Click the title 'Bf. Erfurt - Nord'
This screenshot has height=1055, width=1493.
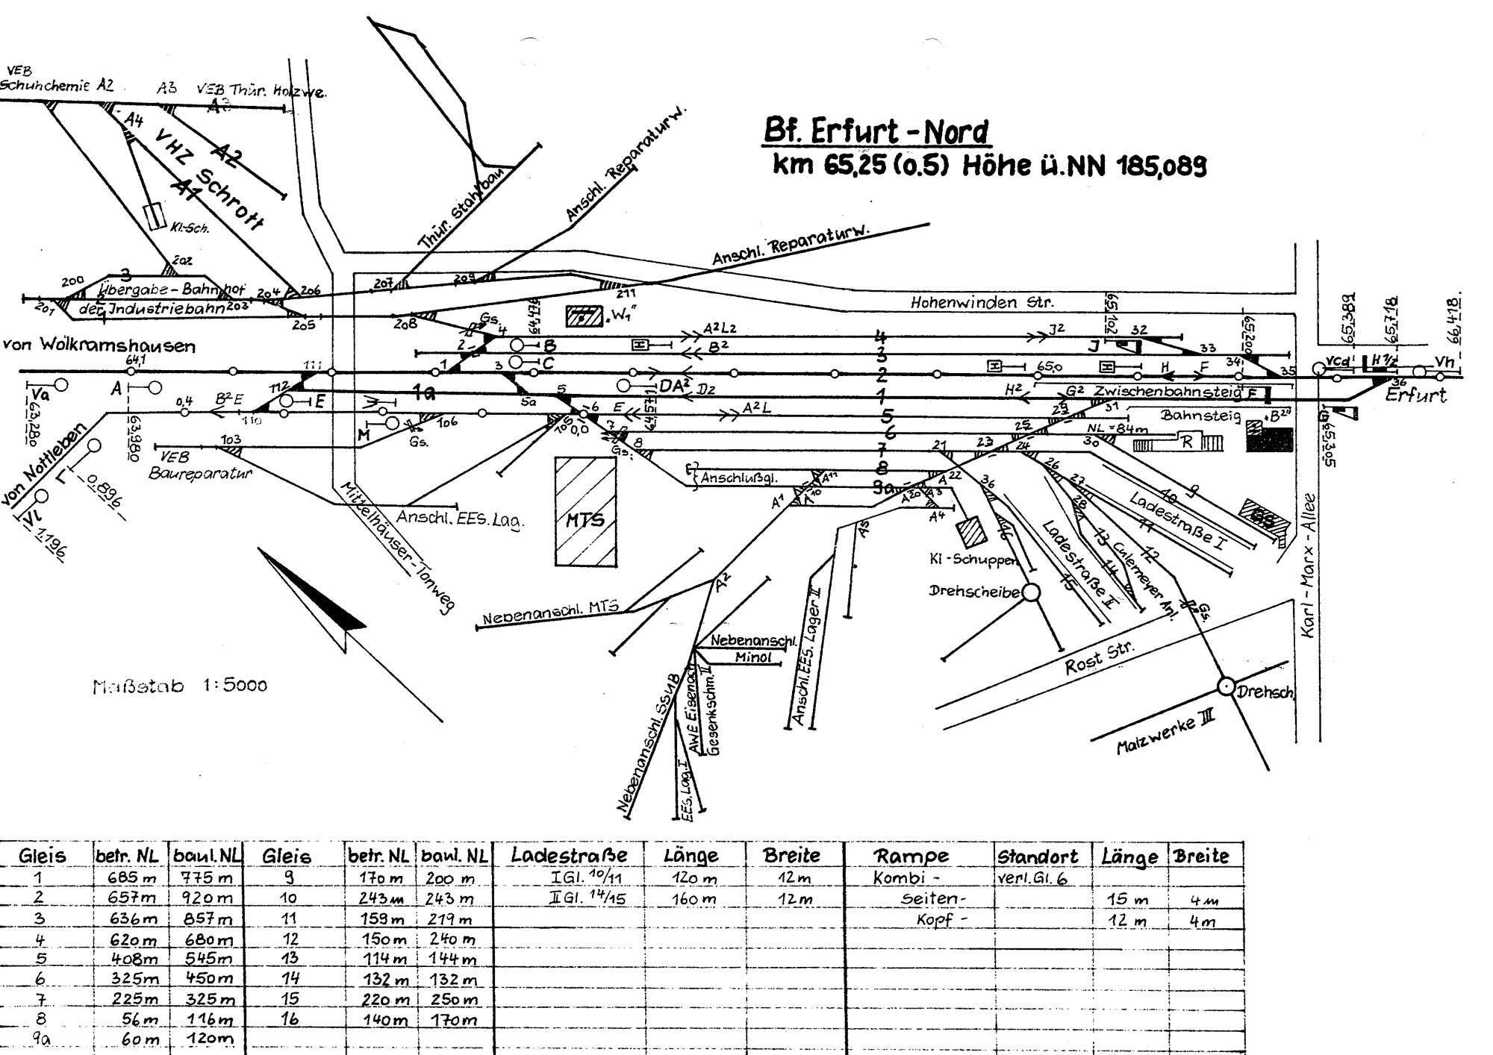click(x=876, y=132)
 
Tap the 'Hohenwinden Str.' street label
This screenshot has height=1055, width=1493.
click(x=982, y=303)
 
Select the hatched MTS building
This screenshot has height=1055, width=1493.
click(x=585, y=512)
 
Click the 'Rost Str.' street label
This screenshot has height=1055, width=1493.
click(x=1098, y=657)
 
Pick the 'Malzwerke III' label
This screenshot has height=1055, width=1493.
click(x=1165, y=731)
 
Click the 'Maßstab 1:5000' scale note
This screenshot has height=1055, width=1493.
click(x=180, y=686)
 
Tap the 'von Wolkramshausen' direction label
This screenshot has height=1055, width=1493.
click(x=99, y=345)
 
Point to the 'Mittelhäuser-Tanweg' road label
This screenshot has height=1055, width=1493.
click(x=397, y=547)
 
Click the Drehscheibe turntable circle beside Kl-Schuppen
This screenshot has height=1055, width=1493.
click(x=1031, y=592)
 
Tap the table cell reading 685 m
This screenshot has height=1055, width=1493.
click(x=134, y=878)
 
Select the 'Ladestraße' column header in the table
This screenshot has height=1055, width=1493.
click(x=569, y=855)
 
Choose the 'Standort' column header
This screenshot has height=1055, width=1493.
click(x=1038, y=856)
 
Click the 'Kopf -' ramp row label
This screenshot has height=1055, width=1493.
click(x=941, y=920)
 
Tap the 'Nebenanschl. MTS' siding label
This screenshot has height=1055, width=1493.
click(x=550, y=613)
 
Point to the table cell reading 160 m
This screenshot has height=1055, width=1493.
click(x=694, y=900)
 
